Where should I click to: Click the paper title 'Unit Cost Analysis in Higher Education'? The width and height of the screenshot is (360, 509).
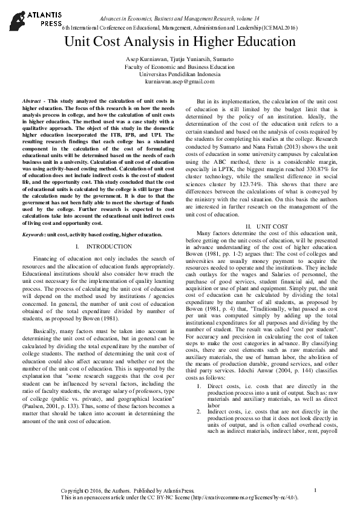[x=180, y=43]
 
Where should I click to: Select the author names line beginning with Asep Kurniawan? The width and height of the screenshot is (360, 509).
[x=180, y=60]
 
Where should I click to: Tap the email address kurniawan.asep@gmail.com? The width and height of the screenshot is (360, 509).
[x=180, y=82]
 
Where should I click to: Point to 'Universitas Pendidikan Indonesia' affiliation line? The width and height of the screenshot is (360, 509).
[x=180, y=74]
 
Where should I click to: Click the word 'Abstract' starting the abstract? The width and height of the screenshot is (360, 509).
[x=31, y=99]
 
